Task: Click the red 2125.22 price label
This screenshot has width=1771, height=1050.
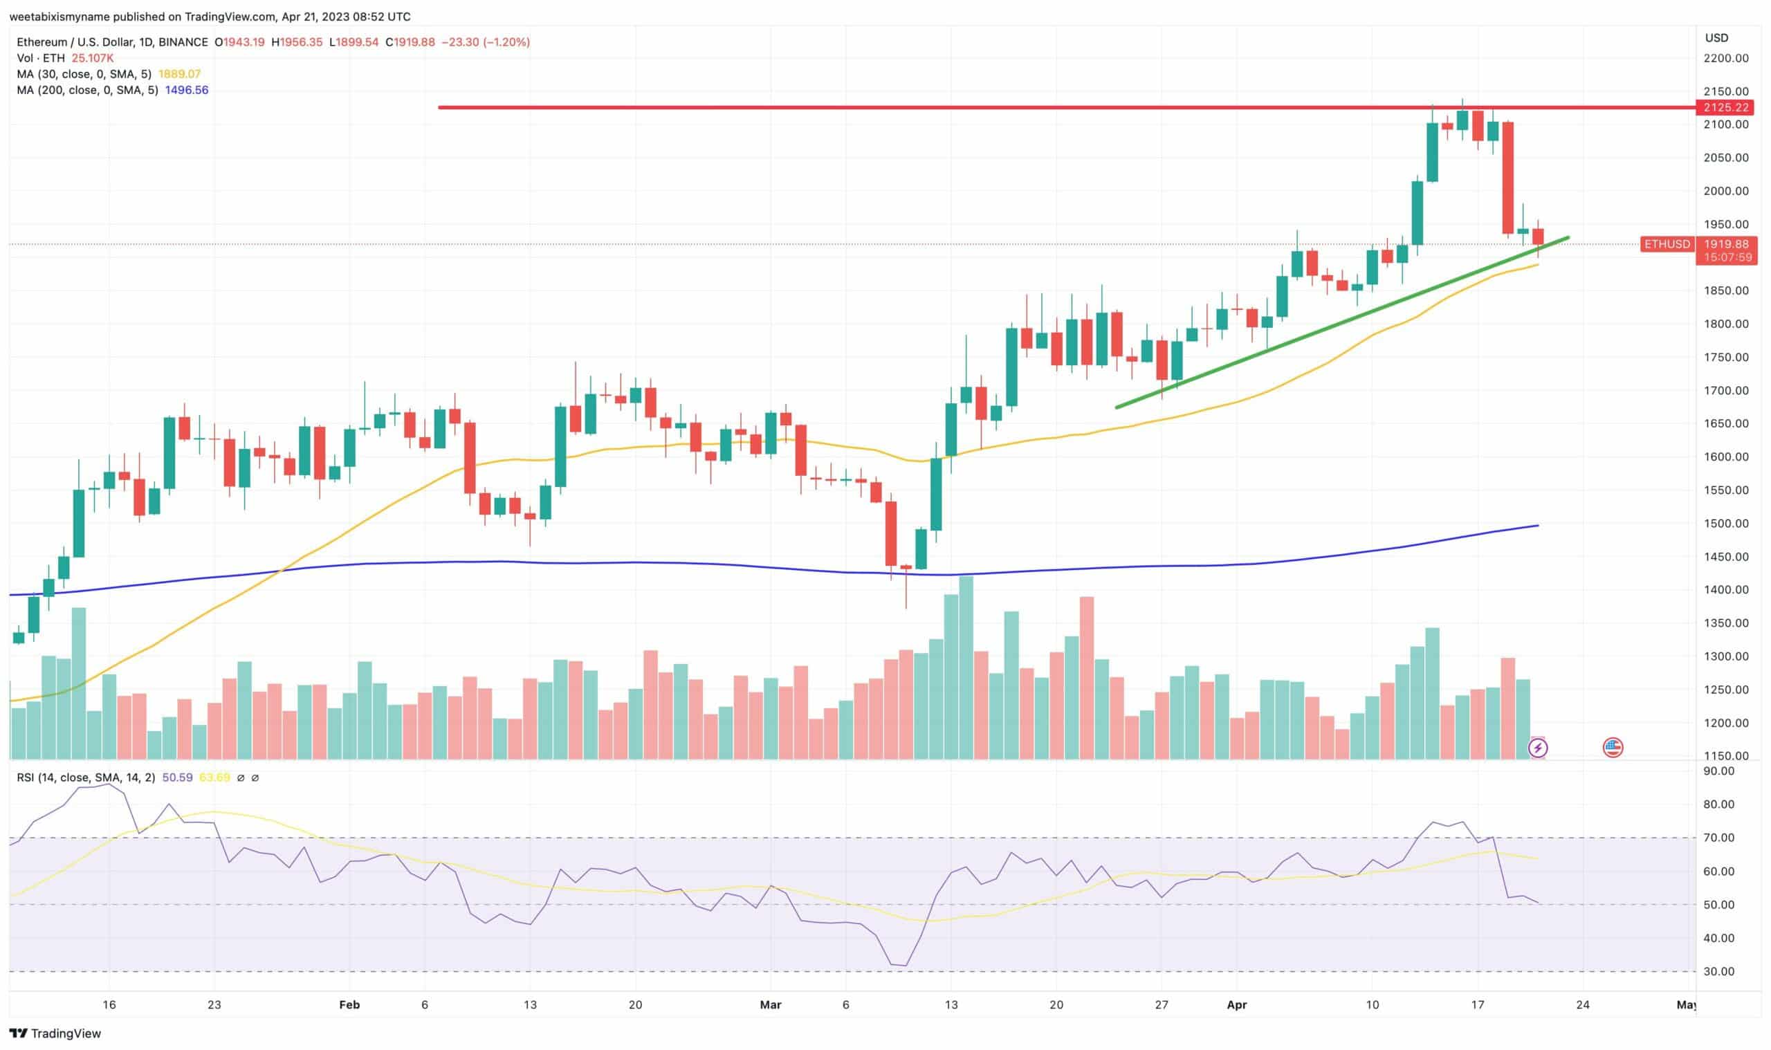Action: point(1726,107)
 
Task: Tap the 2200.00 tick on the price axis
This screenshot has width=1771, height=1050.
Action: point(1726,58)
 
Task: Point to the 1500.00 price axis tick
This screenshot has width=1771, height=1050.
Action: point(1726,524)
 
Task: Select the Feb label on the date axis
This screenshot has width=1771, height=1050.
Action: point(349,1005)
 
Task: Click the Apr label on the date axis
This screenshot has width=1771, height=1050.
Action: point(1236,1005)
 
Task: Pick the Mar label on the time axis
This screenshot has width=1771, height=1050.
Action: point(770,1005)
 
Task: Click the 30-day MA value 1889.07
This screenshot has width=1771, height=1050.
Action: point(179,74)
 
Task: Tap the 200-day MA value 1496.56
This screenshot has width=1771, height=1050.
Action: point(186,90)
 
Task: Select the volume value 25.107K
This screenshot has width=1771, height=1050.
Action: point(93,58)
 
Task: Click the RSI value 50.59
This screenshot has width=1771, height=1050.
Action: point(177,777)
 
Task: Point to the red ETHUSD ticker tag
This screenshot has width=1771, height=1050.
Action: point(1667,244)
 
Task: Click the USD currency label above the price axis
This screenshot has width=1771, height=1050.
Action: point(1716,38)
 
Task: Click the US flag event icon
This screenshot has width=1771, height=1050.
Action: point(1613,748)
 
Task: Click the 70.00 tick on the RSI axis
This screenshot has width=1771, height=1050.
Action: point(1718,838)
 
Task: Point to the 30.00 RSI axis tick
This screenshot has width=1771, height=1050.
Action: point(1718,971)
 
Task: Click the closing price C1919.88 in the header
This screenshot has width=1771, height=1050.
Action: point(410,42)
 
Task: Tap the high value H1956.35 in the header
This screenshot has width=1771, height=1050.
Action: point(297,42)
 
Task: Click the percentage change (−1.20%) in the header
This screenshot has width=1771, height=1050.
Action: point(506,42)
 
